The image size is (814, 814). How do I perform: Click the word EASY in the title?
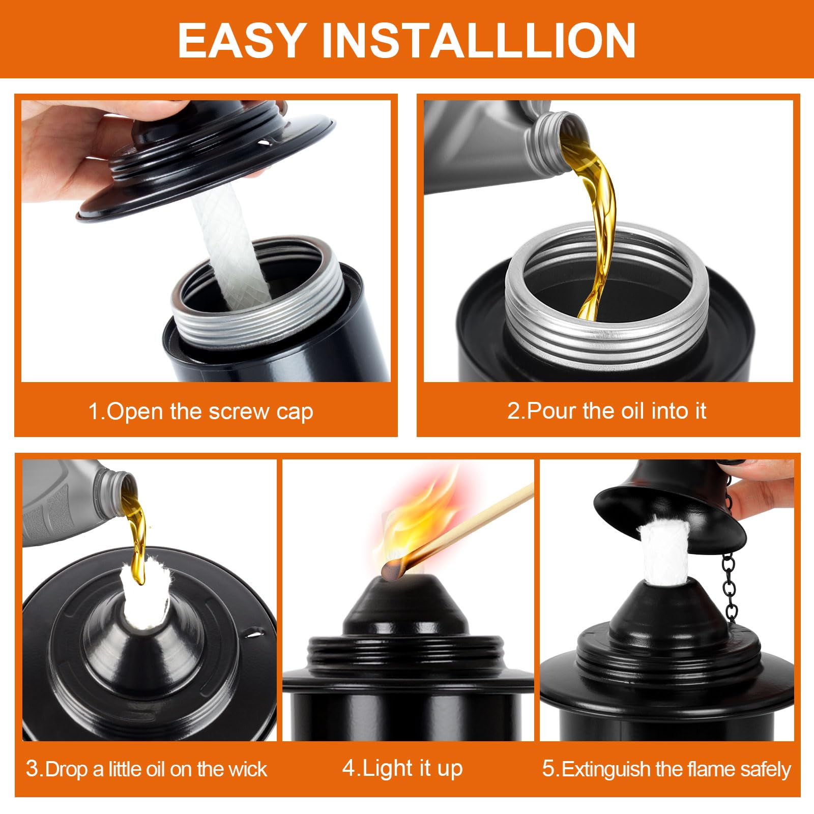coord(241,41)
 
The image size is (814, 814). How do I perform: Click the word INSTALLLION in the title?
coord(479,41)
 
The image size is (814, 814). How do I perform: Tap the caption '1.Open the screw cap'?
coord(200,412)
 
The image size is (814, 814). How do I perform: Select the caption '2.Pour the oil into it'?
coord(606,411)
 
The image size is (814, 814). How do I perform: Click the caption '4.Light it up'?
coord(402,768)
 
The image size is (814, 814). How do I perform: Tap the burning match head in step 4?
coord(392,570)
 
